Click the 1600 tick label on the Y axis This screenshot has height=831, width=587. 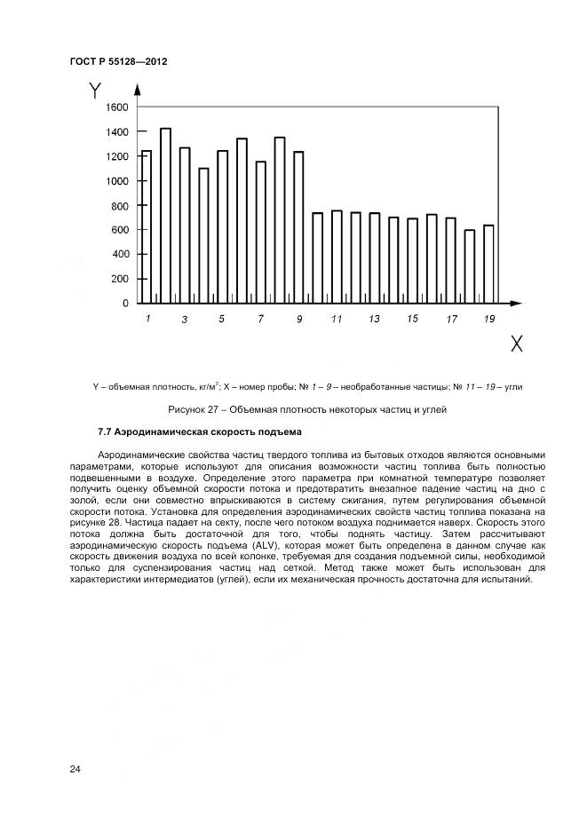(x=116, y=107)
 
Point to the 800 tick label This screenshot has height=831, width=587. (x=119, y=206)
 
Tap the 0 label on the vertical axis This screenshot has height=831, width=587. (x=125, y=304)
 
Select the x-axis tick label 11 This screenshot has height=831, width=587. (x=337, y=319)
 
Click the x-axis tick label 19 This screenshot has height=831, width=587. (x=489, y=319)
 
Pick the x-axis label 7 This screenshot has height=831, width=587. (x=260, y=319)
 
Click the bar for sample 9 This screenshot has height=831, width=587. (x=298, y=226)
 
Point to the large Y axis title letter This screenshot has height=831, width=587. (x=95, y=91)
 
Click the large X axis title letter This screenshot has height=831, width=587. (x=515, y=344)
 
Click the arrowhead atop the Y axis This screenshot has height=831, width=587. (x=137, y=89)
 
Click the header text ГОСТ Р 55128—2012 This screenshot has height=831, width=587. (x=118, y=61)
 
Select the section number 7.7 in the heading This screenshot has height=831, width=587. (x=105, y=432)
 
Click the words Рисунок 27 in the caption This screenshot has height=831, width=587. (x=194, y=409)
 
